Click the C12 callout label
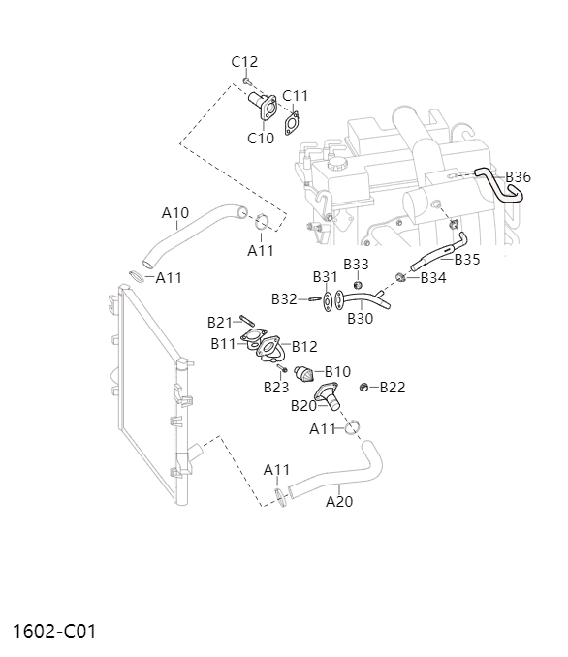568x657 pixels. tap(244, 62)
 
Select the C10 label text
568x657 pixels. tap(261, 138)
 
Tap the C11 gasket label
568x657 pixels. tap(295, 96)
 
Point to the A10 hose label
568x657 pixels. tap(175, 212)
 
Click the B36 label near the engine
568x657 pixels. tap(519, 176)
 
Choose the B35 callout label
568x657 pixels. tap(466, 259)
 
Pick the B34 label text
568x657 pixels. tap(433, 278)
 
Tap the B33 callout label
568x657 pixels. tap(357, 264)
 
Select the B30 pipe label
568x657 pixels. tap(360, 318)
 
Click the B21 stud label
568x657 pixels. tap(220, 322)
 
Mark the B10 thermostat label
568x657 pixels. tap(337, 371)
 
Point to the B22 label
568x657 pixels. tap(392, 388)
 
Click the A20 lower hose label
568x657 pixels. tap(339, 501)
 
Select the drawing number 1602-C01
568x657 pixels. tap(54, 631)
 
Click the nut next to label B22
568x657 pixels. tap(364, 388)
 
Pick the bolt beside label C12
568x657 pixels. tap(248, 80)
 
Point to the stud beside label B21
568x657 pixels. tap(246, 322)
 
